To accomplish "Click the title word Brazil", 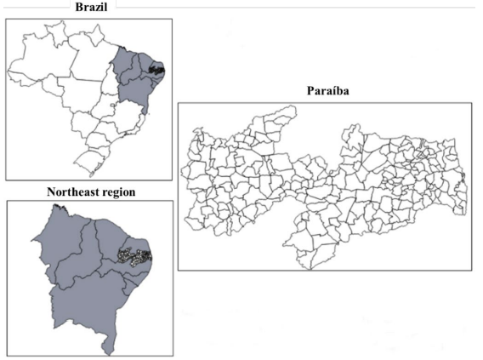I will tap(92, 8).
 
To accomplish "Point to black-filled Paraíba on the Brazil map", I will tap(156, 69).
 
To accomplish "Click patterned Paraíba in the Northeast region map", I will tap(134, 254).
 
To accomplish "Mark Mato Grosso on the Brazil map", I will tap(79, 94).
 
